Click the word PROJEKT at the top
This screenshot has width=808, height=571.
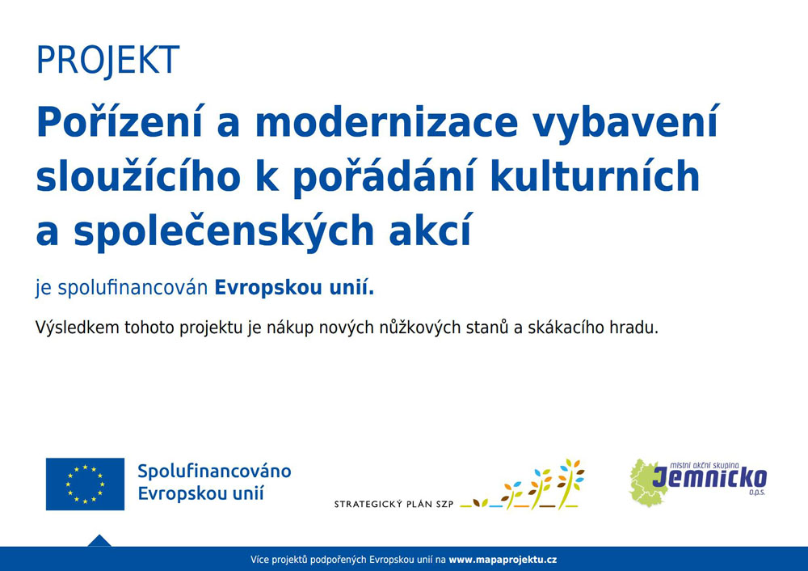(x=107, y=61)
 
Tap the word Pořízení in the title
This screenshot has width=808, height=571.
(x=120, y=122)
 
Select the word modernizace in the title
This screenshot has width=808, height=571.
(x=386, y=123)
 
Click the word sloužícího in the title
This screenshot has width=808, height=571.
(x=138, y=176)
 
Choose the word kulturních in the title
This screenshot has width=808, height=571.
(x=595, y=176)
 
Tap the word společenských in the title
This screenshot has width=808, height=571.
(x=224, y=231)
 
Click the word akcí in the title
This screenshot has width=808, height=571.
(x=430, y=230)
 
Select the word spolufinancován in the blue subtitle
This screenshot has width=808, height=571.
(x=133, y=288)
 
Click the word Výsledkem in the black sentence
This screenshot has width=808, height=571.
(x=78, y=328)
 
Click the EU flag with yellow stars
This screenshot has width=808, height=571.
(x=85, y=484)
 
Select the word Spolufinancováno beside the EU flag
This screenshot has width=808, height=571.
(x=214, y=472)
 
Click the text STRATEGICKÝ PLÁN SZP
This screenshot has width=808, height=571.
(x=393, y=504)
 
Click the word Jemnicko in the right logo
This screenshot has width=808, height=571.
(x=709, y=477)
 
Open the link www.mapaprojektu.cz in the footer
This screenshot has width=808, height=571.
(x=503, y=560)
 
